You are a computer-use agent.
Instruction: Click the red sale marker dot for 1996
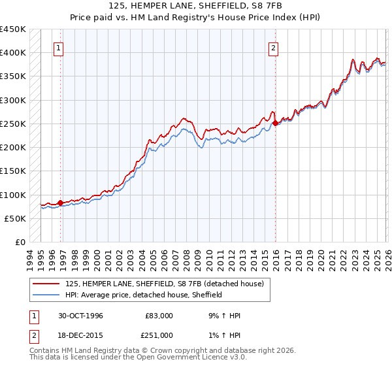pos(61,203)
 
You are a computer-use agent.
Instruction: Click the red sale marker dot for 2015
pos(275,123)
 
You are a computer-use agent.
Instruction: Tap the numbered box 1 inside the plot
pos(59,47)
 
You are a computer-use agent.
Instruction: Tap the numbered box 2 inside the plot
pos(272,47)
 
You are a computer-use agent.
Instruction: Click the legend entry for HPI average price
pos(144,295)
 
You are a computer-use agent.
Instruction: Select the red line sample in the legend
pos(46,284)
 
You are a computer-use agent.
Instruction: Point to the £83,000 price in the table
pos(159,315)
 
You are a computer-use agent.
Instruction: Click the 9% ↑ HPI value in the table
pos(223,315)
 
